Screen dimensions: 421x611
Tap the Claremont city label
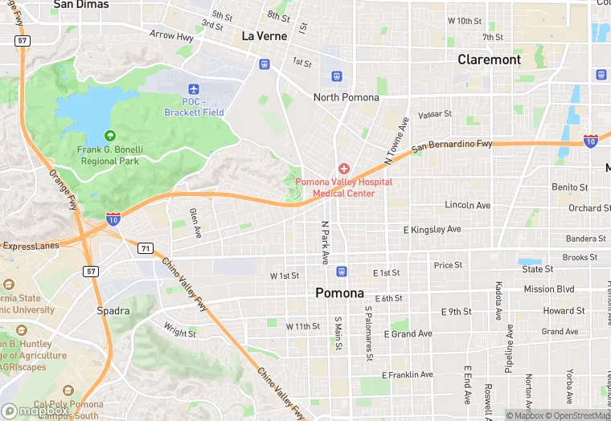click(489, 59)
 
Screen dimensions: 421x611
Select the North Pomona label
click(346, 98)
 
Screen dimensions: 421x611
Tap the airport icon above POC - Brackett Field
click(192, 89)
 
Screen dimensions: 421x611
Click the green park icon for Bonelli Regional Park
click(110, 136)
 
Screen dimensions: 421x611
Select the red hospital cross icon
click(344, 168)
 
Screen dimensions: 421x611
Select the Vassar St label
click(435, 115)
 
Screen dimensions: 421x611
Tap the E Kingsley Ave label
click(433, 231)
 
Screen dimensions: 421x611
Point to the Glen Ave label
click(195, 223)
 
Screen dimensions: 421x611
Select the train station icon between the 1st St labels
click(342, 272)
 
